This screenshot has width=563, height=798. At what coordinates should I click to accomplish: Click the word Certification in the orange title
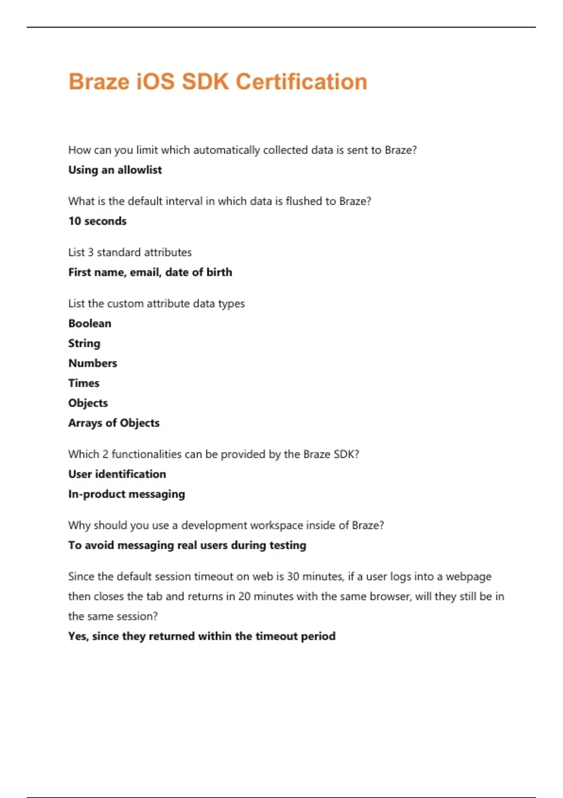click(301, 82)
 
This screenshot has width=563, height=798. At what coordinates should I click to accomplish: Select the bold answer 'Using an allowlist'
click(115, 170)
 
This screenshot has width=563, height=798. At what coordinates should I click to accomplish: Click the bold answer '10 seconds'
click(98, 221)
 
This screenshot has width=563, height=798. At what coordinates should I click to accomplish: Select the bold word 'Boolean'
click(90, 323)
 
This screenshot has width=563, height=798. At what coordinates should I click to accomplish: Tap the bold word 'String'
click(84, 343)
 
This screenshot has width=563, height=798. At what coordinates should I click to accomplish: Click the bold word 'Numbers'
click(93, 363)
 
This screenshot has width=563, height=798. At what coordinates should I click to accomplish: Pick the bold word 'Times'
click(84, 383)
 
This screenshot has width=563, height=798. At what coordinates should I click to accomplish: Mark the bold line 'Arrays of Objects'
click(114, 423)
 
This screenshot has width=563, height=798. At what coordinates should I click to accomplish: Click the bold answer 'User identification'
click(117, 474)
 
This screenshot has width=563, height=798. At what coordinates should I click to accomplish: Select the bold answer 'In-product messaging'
click(127, 494)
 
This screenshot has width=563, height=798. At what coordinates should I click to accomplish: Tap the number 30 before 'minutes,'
click(293, 576)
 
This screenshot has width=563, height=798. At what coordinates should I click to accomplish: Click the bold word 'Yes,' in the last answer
click(78, 636)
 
